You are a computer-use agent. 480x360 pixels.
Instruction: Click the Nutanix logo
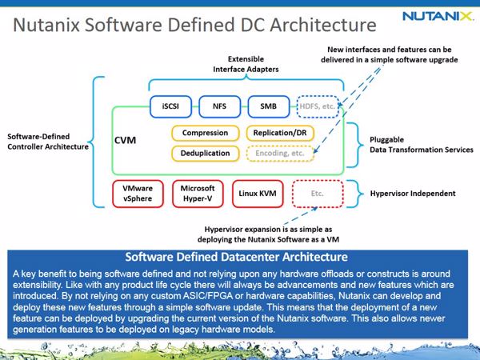[438, 16]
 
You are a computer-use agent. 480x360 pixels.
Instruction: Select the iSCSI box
[170, 106]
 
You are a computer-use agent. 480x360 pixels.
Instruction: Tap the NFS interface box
[219, 106]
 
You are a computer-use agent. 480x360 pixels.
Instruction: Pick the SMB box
[269, 106]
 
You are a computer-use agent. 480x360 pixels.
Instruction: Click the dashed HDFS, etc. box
[318, 106]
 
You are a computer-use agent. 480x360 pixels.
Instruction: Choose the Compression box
[205, 133]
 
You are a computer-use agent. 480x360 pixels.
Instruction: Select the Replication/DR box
[280, 133]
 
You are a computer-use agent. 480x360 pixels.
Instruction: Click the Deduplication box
[205, 154]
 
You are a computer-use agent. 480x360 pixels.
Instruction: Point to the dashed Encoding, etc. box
[280, 154]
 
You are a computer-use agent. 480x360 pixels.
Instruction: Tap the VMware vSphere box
[138, 194]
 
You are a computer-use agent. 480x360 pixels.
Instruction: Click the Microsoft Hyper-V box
[198, 194]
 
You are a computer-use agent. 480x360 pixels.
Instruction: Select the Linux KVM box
[258, 194]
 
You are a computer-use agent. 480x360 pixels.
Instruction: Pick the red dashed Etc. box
[318, 194]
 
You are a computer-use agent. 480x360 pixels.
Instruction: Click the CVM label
[126, 140]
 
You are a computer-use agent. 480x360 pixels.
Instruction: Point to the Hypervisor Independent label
[413, 194]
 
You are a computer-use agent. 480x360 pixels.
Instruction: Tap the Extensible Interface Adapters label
[246, 64]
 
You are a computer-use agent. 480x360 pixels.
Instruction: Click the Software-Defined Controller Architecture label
[48, 142]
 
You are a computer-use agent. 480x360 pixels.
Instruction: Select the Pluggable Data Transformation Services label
[422, 145]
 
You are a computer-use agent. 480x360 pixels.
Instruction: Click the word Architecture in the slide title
[323, 25]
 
